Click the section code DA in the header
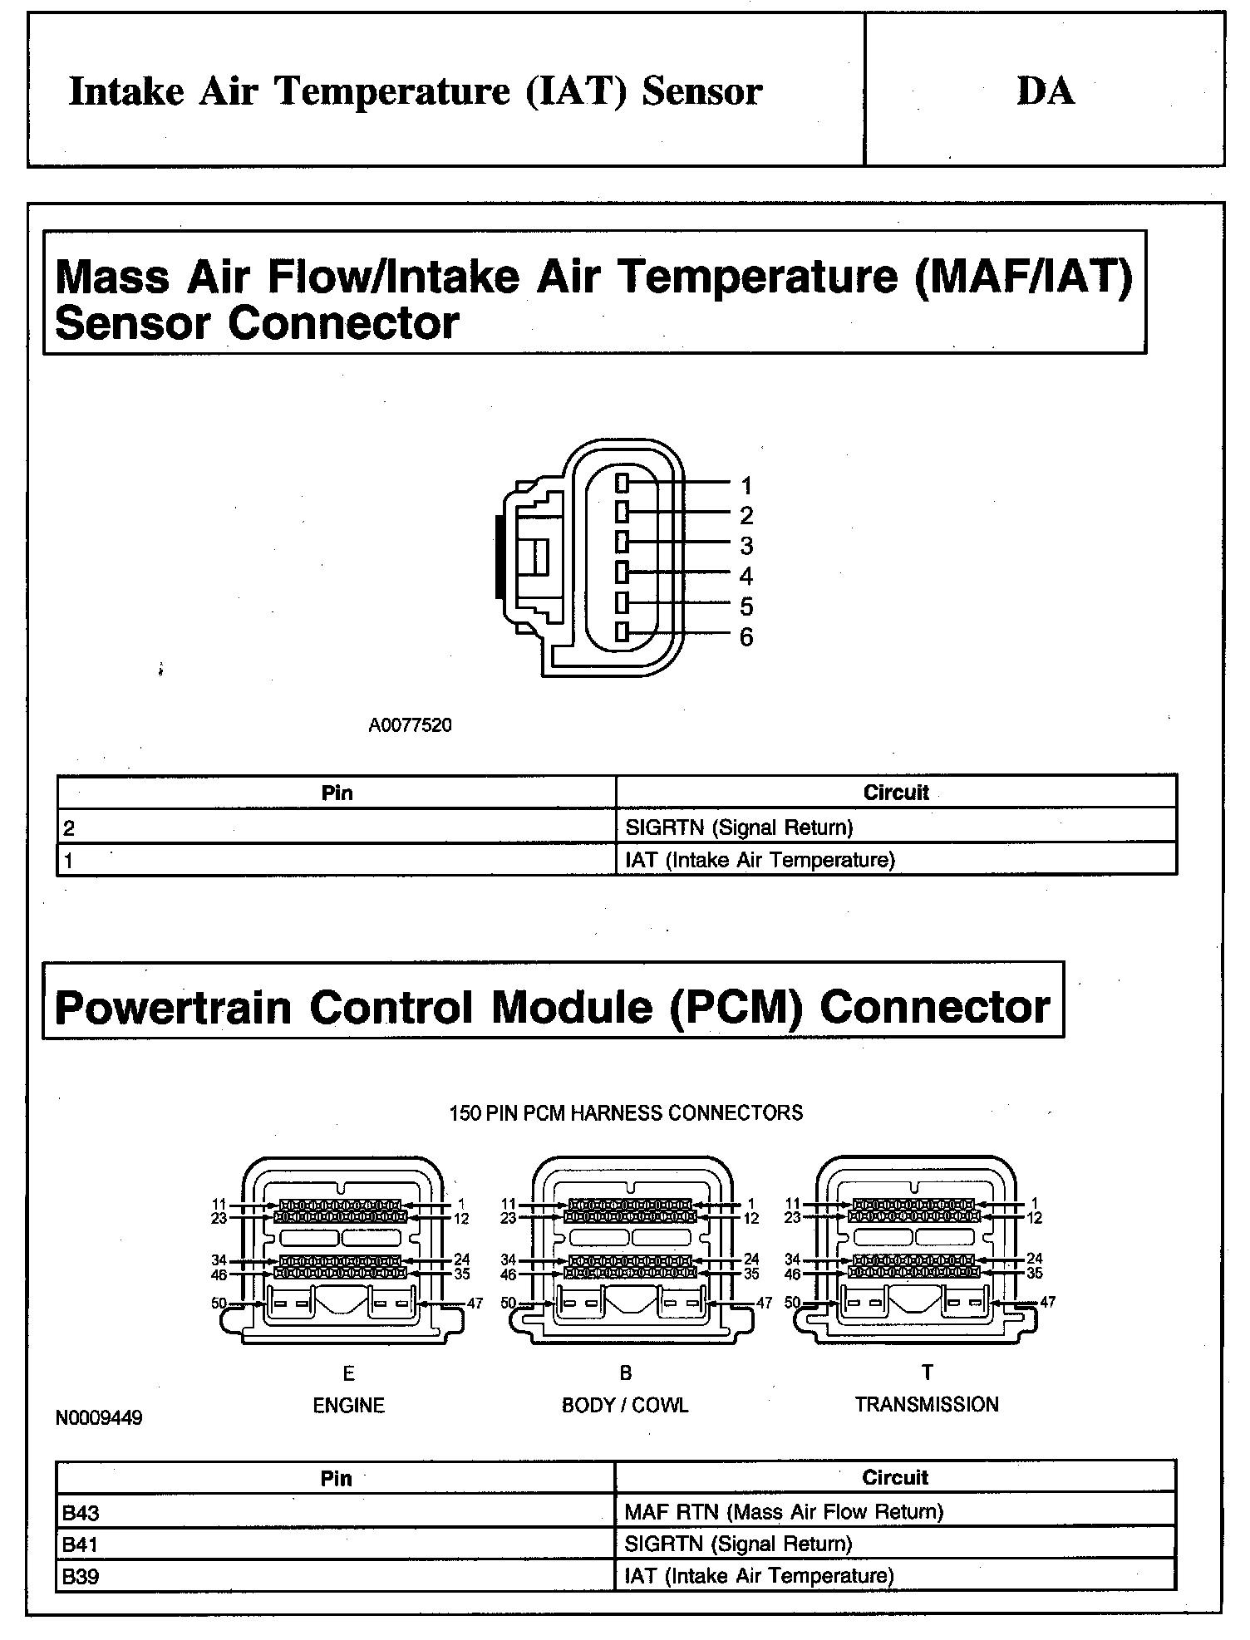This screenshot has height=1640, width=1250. point(1045,91)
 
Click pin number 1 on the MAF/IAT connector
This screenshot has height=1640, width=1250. point(746,485)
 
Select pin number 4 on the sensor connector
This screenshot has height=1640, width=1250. point(746,576)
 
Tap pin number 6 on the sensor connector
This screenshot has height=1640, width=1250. point(746,637)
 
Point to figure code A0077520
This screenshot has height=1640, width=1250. point(410,725)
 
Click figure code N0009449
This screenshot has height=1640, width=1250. point(99,1417)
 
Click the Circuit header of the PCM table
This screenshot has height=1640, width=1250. point(894,1477)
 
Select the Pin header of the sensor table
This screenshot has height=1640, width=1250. point(337,793)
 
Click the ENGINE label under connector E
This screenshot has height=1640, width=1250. point(348,1405)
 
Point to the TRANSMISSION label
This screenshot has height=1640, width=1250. point(927,1404)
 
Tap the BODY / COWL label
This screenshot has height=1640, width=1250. point(625,1405)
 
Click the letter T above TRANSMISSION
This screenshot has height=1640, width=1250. point(928,1373)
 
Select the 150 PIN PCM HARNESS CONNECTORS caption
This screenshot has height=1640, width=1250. point(626,1112)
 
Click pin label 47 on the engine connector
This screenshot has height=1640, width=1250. point(475,1303)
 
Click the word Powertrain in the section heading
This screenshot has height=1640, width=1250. point(173,1007)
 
